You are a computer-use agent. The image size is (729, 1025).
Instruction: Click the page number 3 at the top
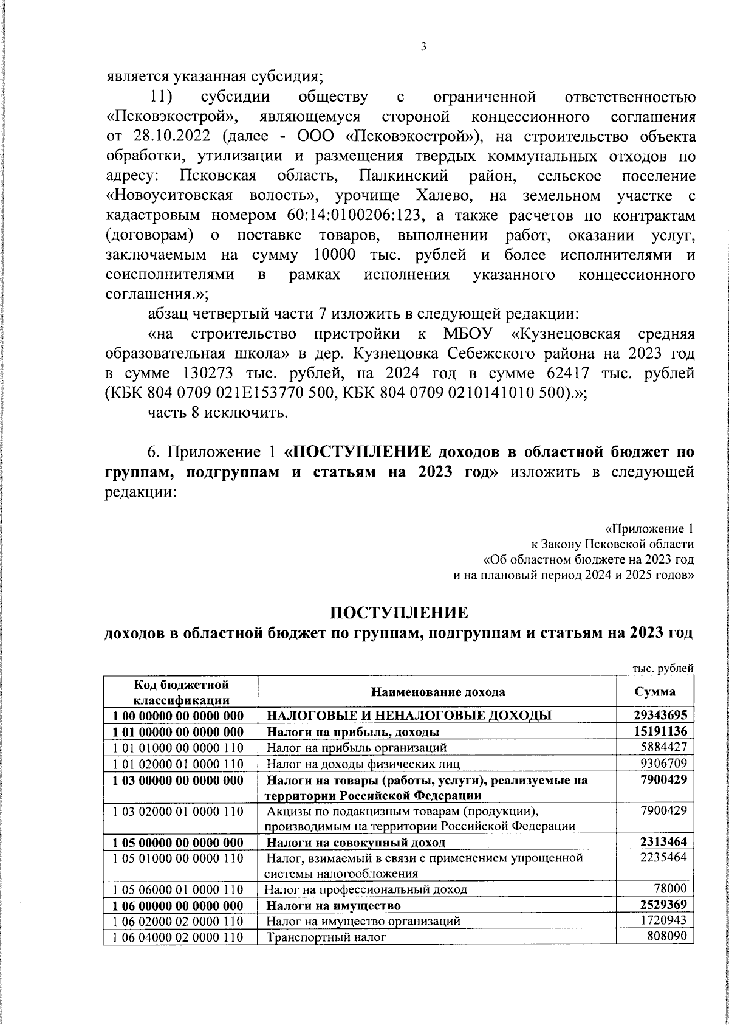[x=423, y=47]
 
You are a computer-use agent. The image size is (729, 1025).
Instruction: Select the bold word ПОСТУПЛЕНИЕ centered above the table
[x=399, y=612]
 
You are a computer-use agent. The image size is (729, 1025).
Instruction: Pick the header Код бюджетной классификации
[x=180, y=692]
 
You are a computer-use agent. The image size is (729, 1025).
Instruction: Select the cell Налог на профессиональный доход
[x=366, y=889]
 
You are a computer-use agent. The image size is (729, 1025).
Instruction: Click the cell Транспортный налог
[x=326, y=937]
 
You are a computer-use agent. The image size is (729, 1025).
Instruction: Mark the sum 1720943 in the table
[x=664, y=921]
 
